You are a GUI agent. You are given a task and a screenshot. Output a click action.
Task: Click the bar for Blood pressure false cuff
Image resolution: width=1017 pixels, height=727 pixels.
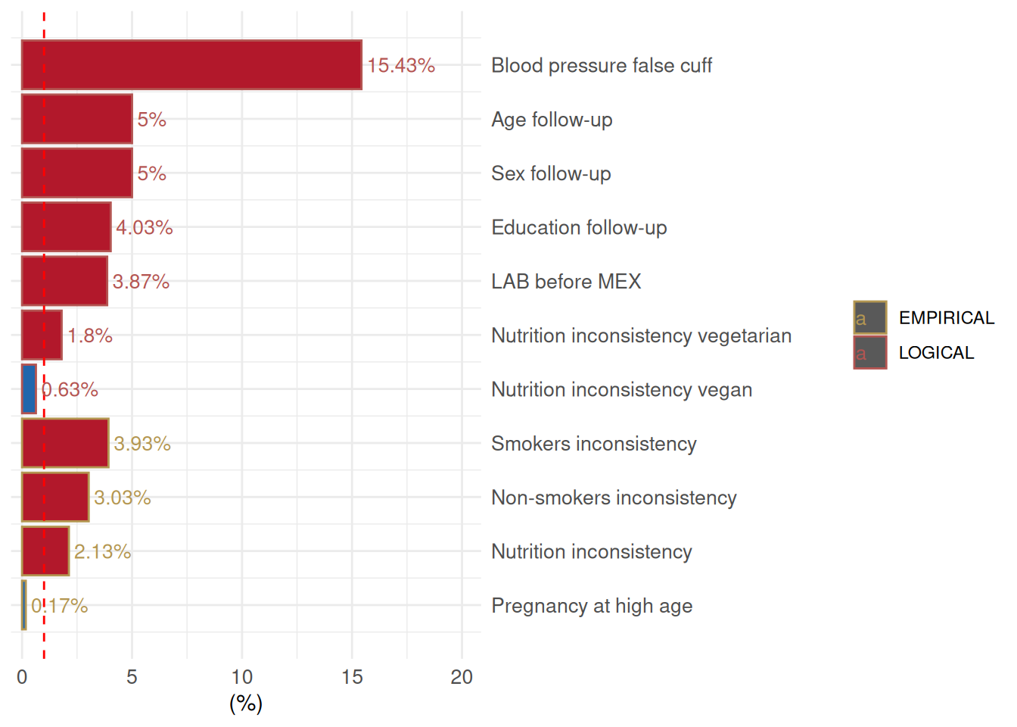(191, 65)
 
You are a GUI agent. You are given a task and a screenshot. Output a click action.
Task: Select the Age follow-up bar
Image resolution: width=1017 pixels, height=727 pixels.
(76, 119)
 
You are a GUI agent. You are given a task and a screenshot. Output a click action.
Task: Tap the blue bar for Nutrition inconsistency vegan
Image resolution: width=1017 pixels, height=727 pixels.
(29, 389)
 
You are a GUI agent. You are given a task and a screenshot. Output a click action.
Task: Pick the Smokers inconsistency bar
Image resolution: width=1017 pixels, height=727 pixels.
(65, 443)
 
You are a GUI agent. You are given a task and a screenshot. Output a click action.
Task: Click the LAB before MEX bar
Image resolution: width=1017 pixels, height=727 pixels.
(64, 281)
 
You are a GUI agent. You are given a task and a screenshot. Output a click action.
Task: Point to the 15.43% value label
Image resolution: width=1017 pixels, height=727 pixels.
(401, 66)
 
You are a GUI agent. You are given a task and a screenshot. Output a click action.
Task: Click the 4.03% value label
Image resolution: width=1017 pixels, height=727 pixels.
(145, 227)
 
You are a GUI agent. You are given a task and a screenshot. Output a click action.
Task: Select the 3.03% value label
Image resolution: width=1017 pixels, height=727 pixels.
(123, 498)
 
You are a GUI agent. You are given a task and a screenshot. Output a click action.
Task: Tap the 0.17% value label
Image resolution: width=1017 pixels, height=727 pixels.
(60, 606)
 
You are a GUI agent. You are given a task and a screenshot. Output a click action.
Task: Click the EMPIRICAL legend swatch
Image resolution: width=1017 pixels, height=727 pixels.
(870, 318)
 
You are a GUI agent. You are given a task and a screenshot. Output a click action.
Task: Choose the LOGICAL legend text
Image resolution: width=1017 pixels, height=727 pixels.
(936, 353)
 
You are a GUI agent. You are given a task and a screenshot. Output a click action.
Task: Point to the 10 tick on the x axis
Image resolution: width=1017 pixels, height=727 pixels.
(242, 677)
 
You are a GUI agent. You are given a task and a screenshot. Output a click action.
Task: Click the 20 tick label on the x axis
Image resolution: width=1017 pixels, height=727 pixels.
(462, 677)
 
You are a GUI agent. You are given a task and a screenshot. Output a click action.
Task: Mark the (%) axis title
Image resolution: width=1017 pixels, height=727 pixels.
(246, 704)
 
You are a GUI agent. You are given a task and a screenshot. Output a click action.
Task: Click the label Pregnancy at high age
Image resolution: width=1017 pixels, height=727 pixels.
(592, 606)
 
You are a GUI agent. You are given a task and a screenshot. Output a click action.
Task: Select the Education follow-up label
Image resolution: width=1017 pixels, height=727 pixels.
(579, 227)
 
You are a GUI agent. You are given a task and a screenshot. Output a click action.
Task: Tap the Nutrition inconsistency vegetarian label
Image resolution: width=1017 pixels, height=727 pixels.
(641, 335)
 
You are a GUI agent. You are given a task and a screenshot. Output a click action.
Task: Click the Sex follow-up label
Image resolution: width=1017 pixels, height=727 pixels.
(551, 173)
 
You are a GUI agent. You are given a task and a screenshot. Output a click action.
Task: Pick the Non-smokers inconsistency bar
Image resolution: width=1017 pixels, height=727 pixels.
(55, 498)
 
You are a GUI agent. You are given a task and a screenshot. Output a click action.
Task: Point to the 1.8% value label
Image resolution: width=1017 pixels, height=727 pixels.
(90, 335)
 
